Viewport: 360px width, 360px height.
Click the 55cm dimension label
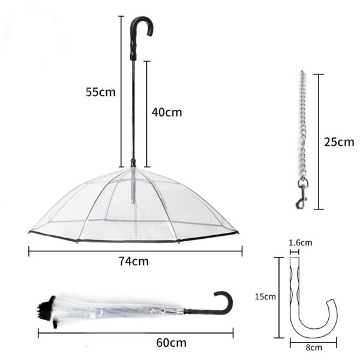(x=100, y=92)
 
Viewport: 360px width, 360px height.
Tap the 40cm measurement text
(x=166, y=112)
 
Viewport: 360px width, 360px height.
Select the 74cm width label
(x=133, y=261)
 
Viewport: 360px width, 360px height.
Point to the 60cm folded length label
(x=171, y=343)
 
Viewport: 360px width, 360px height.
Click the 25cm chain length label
(x=339, y=142)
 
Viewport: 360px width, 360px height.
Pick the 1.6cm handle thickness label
(x=300, y=243)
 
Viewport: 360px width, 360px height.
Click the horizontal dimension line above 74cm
(x=135, y=251)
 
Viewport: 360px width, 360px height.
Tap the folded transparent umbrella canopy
(x=120, y=310)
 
